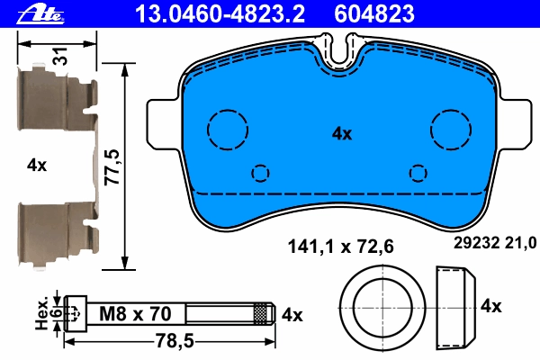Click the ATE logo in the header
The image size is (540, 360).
40,14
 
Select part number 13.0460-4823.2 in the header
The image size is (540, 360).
220,13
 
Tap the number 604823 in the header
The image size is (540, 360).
374,13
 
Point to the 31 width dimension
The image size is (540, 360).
61,56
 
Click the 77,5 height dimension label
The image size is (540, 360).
112,167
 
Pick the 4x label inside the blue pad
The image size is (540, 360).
342,134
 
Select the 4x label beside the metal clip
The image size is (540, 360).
37,166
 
